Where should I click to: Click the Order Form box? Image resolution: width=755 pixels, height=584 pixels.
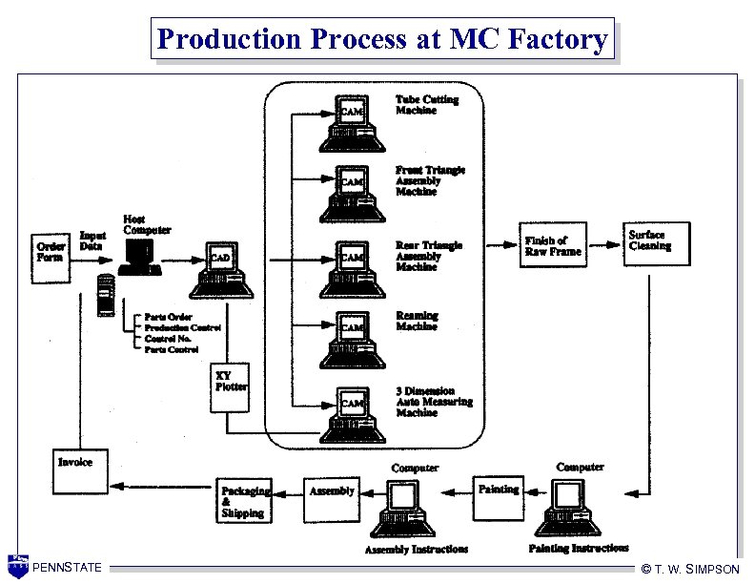51,253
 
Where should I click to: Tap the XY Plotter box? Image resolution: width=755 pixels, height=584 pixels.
230,387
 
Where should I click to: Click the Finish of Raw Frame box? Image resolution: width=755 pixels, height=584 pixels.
552,245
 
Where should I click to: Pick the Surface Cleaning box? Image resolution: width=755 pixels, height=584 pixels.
657,245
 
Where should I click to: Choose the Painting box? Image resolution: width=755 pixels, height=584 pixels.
498,496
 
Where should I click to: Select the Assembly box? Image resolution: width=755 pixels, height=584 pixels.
332,497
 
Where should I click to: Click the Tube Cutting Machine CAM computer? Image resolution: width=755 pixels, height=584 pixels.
352,123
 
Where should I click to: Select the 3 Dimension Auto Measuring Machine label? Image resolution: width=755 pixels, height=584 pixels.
434,402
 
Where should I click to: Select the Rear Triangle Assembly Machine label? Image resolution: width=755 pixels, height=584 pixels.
429,256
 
